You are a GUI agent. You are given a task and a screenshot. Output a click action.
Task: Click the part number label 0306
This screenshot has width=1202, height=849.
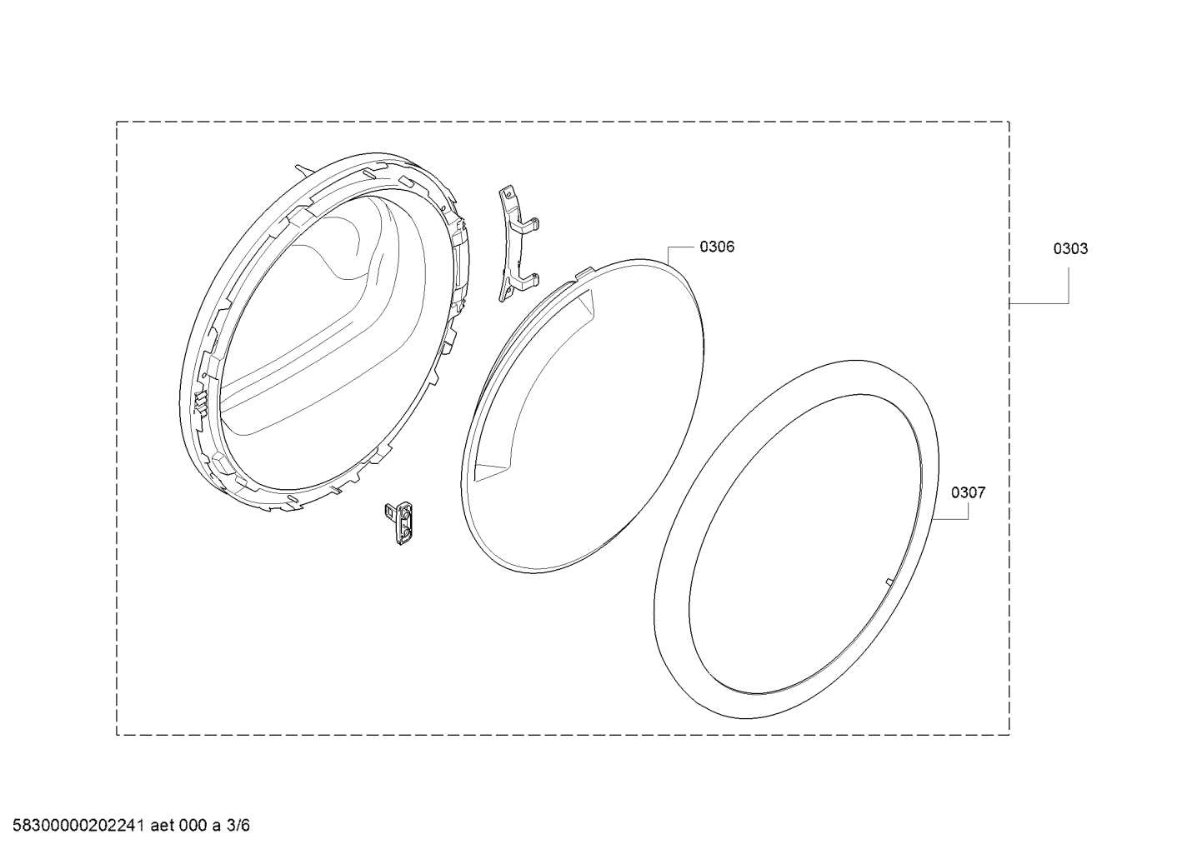717,247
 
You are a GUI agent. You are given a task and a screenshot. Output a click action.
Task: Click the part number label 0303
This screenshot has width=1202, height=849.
1070,249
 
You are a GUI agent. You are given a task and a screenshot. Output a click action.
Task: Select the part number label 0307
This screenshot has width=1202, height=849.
969,492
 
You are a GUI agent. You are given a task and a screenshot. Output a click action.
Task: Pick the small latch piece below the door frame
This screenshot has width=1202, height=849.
400,523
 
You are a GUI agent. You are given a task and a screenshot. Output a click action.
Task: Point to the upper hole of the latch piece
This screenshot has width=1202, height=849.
404,514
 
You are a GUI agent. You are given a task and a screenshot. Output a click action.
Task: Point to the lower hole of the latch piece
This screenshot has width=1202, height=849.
404,532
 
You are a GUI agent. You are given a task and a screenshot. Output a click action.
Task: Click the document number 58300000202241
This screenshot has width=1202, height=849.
78,826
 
